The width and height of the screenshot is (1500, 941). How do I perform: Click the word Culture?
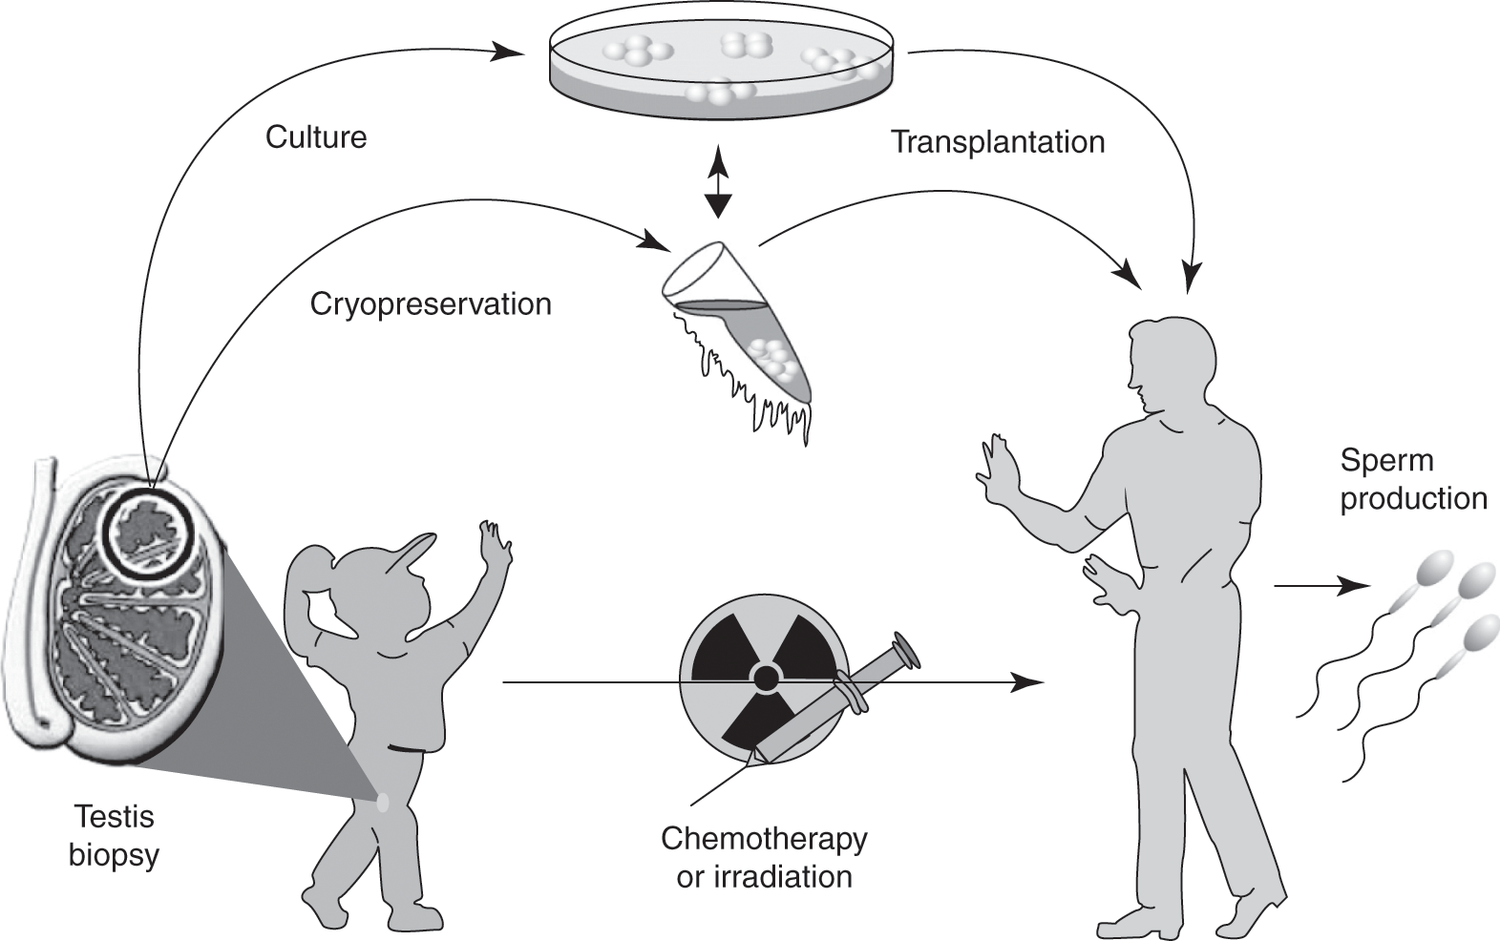[x=316, y=137]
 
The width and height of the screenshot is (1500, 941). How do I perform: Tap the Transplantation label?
[x=998, y=142]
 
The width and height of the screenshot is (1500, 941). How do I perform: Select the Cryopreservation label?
[x=431, y=304]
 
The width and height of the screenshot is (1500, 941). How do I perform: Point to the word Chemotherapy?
[x=764, y=839]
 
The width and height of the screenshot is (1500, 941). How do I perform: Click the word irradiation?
[x=788, y=876]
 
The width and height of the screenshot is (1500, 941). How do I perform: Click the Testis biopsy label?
[x=114, y=836]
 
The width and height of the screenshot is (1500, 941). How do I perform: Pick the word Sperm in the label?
[x=1386, y=460]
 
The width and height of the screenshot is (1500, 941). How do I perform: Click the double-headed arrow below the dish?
[x=718, y=183]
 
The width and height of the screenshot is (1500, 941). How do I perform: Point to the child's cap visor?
[x=412, y=555]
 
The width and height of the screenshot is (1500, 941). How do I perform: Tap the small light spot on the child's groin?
[x=384, y=803]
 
